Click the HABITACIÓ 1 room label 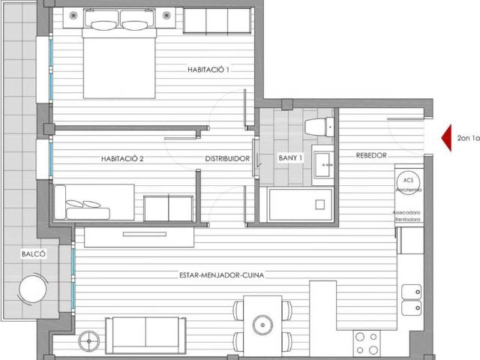(x=208, y=70)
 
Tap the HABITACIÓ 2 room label (x=122, y=158)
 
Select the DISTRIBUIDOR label (x=227, y=158)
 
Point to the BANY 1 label (x=290, y=158)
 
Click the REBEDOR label (x=371, y=155)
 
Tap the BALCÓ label (x=34, y=254)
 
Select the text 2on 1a (x=467, y=138)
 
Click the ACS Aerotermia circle (x=408, y=184)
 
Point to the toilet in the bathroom (x=318, y=127)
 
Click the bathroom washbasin (x=323, y=163)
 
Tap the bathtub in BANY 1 (x=300, y=203)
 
